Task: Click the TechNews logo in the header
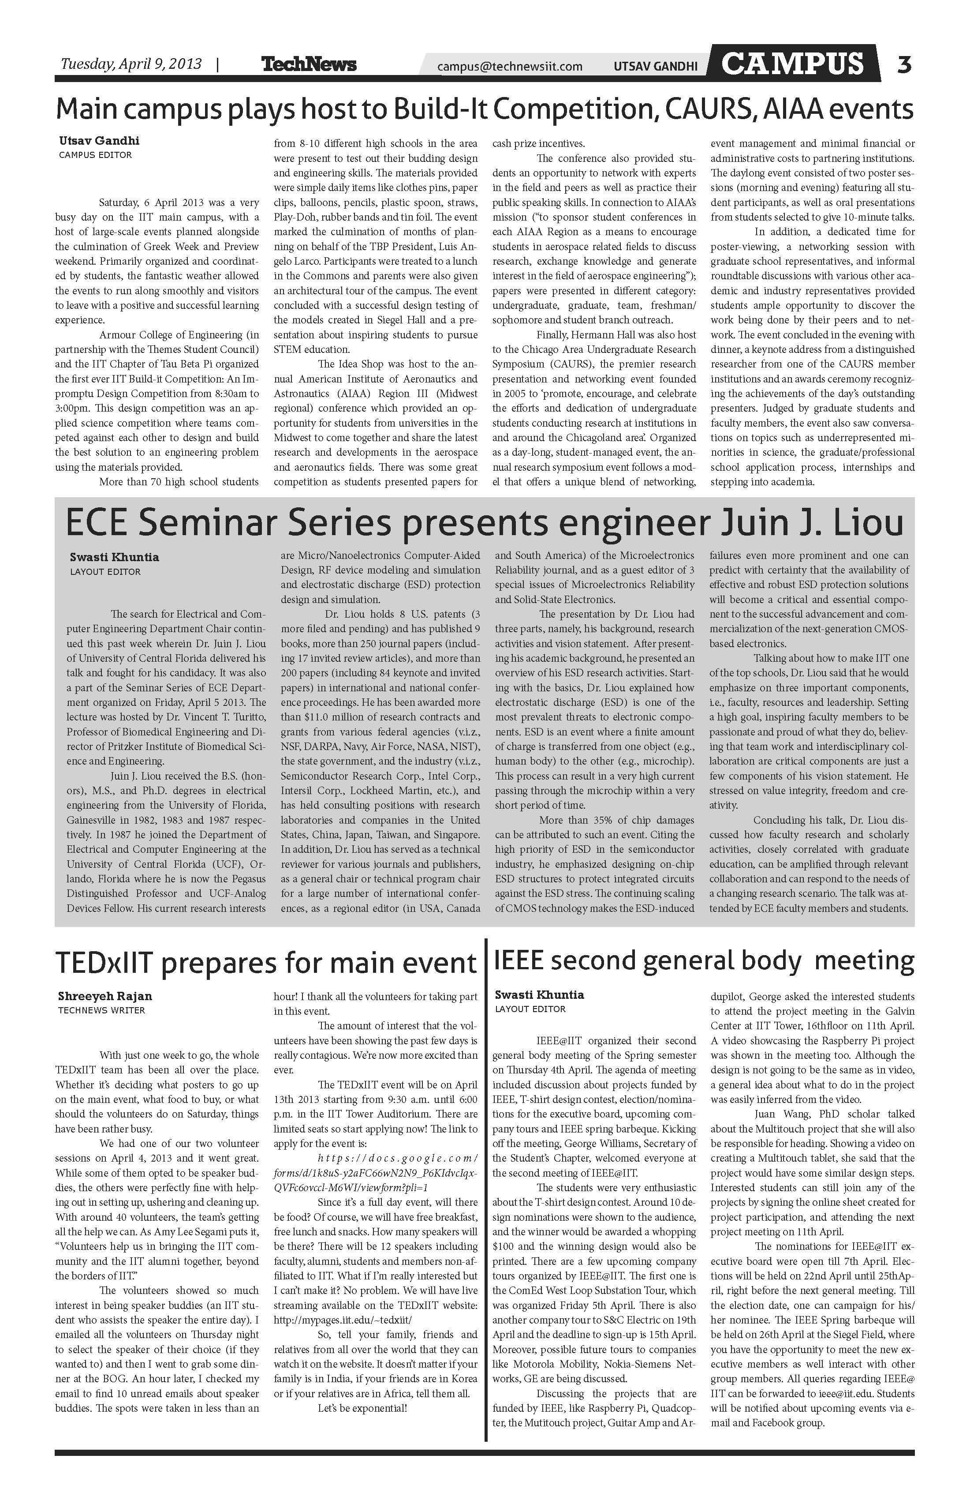(309, 64)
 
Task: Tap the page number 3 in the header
(904, 64)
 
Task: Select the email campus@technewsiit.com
(510, 66)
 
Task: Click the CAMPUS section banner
(792, 64)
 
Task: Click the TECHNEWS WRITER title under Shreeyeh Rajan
(101, 1010)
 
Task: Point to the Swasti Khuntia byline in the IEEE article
(539, 994)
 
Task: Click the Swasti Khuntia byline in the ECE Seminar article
(114, 557)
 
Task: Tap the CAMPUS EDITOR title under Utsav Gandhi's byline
(95, 155)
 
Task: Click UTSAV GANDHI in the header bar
(656, 66)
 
